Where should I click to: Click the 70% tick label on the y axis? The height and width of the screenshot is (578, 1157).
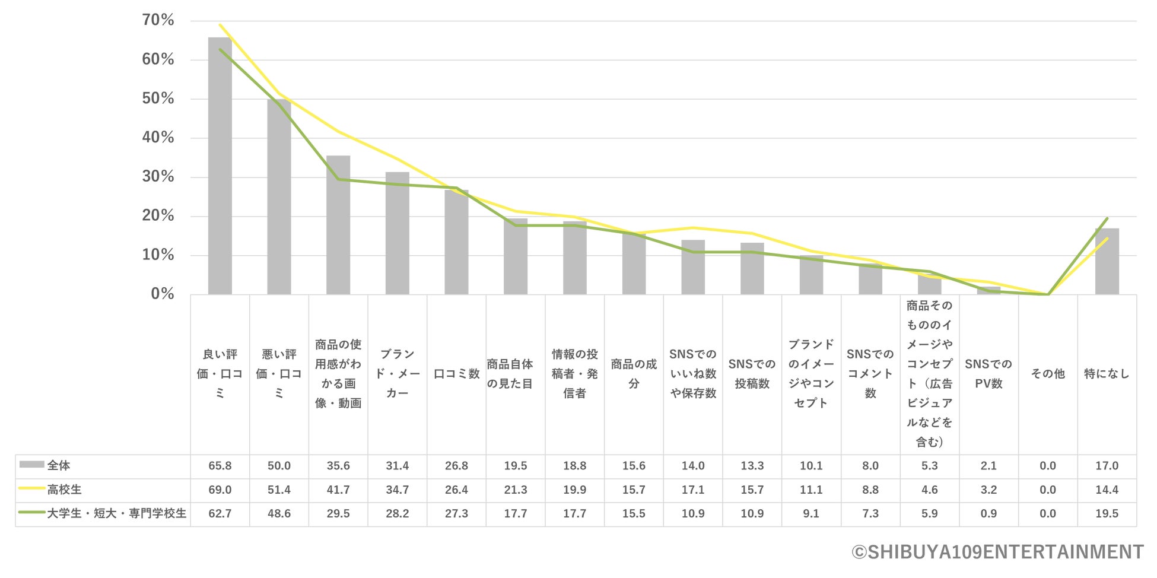(158, 20)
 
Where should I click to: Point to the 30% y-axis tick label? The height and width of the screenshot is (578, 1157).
(158, 177)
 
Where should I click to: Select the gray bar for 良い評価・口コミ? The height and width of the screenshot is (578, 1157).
(220, 166)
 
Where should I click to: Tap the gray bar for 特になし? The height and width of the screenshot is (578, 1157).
(1107, 261)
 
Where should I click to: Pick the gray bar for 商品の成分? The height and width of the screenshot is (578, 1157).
(634, 264)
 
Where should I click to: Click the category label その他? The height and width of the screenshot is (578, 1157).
(1047, 374)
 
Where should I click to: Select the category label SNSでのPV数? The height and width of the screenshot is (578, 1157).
(988, 374)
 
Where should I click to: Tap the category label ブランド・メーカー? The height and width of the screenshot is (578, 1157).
(397, 374)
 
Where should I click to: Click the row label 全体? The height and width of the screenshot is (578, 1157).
(59, 466)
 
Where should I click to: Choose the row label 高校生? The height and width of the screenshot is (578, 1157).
(64, 490)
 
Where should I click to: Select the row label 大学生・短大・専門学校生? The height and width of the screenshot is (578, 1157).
(116, 514)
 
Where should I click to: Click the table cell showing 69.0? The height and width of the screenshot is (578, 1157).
(220, 490)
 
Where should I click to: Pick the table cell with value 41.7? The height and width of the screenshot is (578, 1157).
(338, 490)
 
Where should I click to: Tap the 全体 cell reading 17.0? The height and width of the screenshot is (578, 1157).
(1107, 466)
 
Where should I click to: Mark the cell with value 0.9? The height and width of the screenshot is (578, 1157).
(988, 514)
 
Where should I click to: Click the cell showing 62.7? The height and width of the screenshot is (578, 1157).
(220, 514)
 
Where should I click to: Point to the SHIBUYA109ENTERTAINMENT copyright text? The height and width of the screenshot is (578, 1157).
(997, 552)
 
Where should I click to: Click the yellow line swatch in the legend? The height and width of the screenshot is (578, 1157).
(31, 489)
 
